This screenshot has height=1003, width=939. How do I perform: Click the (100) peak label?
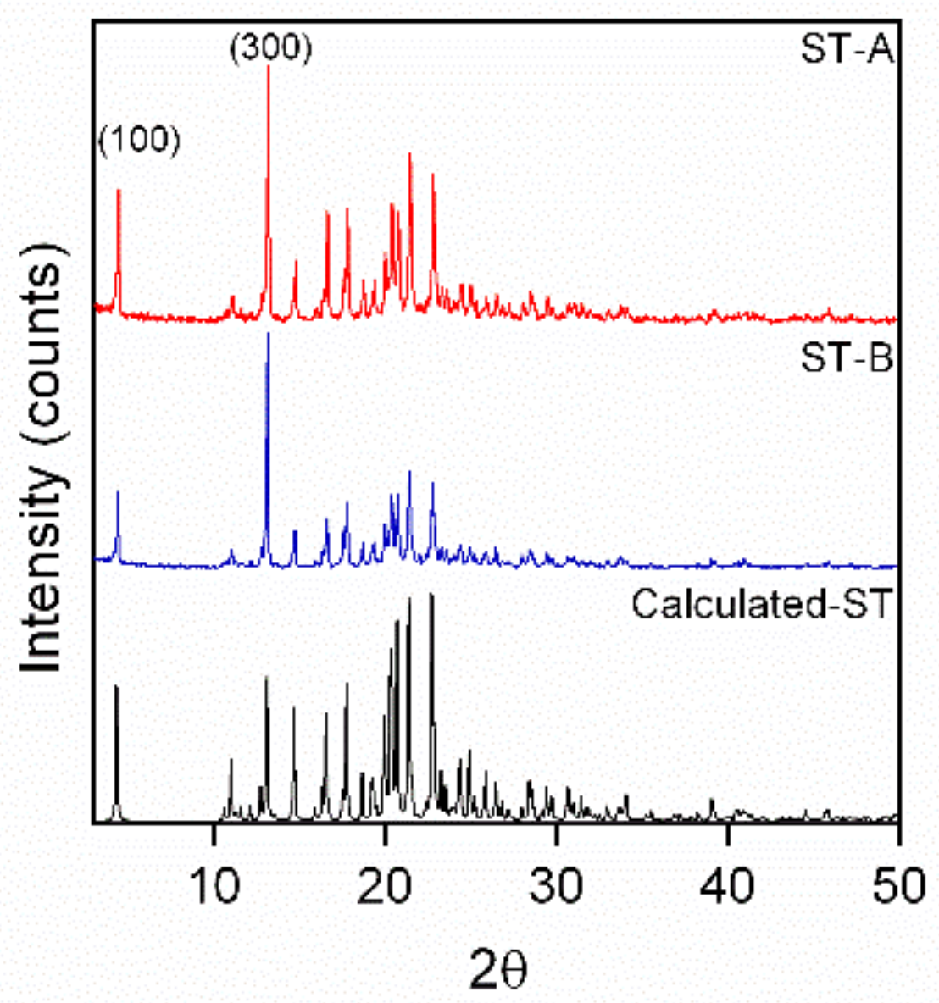(x=140, y=140)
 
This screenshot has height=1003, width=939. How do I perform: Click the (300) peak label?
(x=271, y=48)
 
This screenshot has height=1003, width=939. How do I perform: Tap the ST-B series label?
(x=847, y=358)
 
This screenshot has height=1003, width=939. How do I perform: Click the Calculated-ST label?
(x=763, y=605)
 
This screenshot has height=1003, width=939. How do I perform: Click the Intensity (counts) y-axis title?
(x=42, y=457)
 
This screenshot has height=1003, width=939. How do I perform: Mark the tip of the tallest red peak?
(x=268, y=67)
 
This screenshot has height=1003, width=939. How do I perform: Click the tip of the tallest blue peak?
(x=268, y=334)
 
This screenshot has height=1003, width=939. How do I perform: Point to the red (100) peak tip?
(x=119, y=190)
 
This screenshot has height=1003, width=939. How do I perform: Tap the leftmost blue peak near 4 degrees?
(x=118, y=492)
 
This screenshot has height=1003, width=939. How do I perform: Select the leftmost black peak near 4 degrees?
(x=116, y=686)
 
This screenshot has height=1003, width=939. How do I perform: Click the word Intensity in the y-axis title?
(x=42, y=568)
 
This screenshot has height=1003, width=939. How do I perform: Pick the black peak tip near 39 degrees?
(x=712, y=800)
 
